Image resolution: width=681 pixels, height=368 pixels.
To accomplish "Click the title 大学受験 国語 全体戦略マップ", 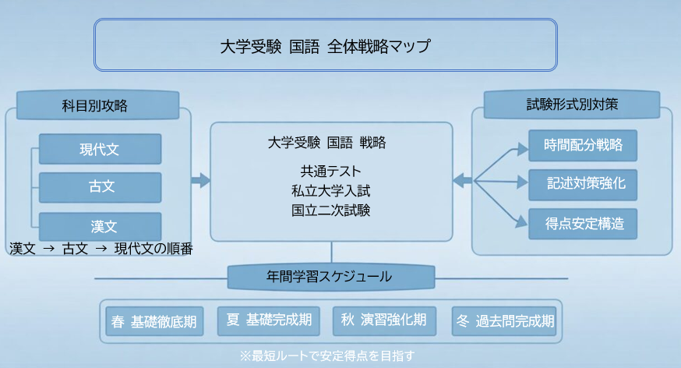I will pos(325,46).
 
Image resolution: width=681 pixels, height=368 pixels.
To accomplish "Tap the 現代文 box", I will pos(100,149).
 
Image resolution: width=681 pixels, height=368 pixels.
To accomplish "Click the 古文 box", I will pos(100,188).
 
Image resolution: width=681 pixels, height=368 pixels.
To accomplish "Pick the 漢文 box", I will pos(100,227).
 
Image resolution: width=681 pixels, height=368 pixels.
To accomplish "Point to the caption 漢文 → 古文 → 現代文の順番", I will pos(101,249).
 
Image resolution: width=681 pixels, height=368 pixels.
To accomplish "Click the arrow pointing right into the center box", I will pos(201,181).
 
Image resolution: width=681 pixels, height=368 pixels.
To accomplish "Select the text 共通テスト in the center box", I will pos(331,171).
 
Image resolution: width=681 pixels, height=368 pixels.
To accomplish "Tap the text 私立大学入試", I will pos(331,190).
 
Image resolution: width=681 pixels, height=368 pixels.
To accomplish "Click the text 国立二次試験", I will pos(331,210).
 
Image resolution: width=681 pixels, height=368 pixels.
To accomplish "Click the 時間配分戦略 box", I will pos(583,146).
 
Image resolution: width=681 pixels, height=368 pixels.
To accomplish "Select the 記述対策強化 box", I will pos(583,185).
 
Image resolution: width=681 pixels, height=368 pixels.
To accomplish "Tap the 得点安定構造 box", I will pos(583,224).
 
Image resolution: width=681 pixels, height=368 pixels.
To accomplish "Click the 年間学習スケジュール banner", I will pos(331,277).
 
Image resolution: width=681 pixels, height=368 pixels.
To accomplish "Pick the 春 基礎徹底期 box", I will pos(153,320).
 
